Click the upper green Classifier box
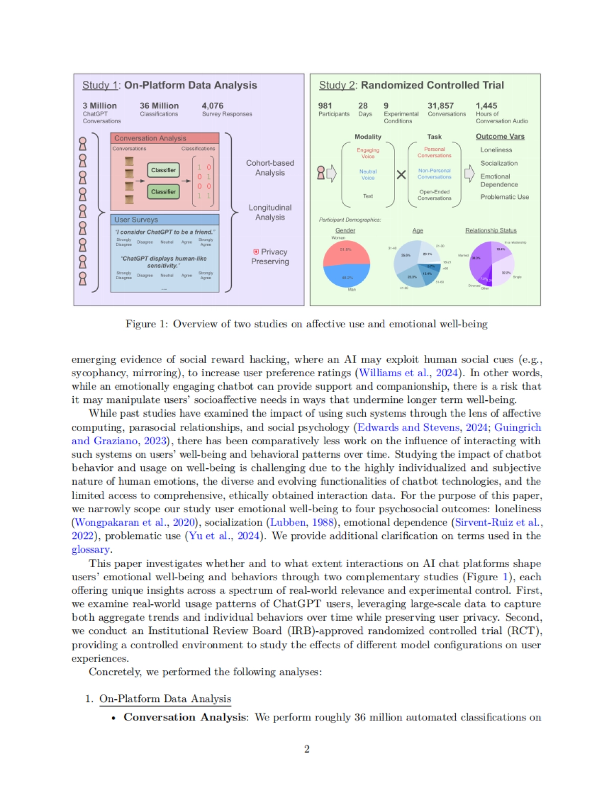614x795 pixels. pyautogui.click(x=164, y=170)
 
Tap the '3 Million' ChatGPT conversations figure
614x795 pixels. pyautogui.click(x=100, y=106)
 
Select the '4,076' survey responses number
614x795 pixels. pyautogui.click(x=212, y=106)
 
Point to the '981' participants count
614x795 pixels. pyautogui.click(x=325, y=106)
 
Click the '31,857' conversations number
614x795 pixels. pyautogui.click(x=441, y=106)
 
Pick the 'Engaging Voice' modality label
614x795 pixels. pyautogui.click(x=368, y=153)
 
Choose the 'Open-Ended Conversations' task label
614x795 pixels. pyautogui.click(x=434, y=195)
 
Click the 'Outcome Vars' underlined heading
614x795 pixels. pyautogui.click(x=500, y=137)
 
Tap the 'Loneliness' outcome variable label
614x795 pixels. pyautogui.click(x=496, y=150)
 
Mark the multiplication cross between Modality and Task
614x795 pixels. pyautogui.click(x=401, y=174)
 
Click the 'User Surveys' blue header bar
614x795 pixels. pyautogui.click(x=165, y=220)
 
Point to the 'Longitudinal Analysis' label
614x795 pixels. pyautogui.click(x=270, y=212)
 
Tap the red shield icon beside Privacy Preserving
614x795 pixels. pyautogui.click(x=256, y=252)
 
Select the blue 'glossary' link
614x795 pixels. pyautogui.click(x=91, y=550)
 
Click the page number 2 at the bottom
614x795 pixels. pyautogui.click(x=307, y=749)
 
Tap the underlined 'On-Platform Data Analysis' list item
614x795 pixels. pyautogui.click(x=165, y=699)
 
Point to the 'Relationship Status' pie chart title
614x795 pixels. pyautogui.click(x=491, y=231)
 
